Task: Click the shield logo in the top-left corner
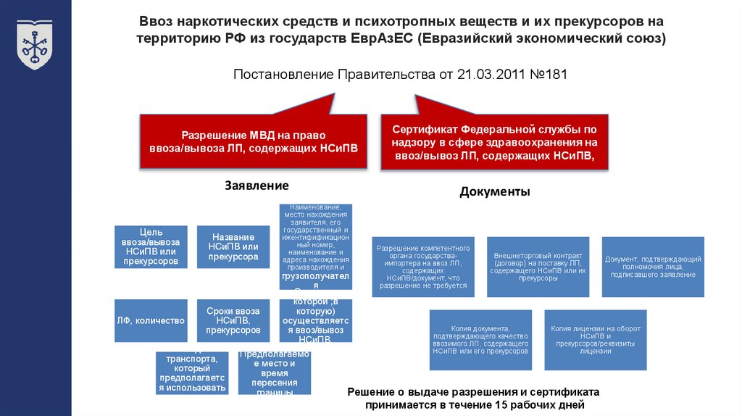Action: pyautogui.click(x=34, y=45)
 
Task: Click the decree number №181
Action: pyautogui.click(x=545, y=74)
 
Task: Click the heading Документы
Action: pyautogui.click(x=495, y=192)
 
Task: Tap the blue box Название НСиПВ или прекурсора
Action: pyautogui.click(x=233, y=247)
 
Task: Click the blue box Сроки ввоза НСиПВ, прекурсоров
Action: pyautogui.click(x=233, y=320)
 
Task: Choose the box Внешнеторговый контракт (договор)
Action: pyautogui.click(x=538, y=267)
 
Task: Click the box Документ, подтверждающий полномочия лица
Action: pyautogui.click(x=653, y=267)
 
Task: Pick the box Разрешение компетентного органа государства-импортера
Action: pyautogui.click(x=422, y=267)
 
